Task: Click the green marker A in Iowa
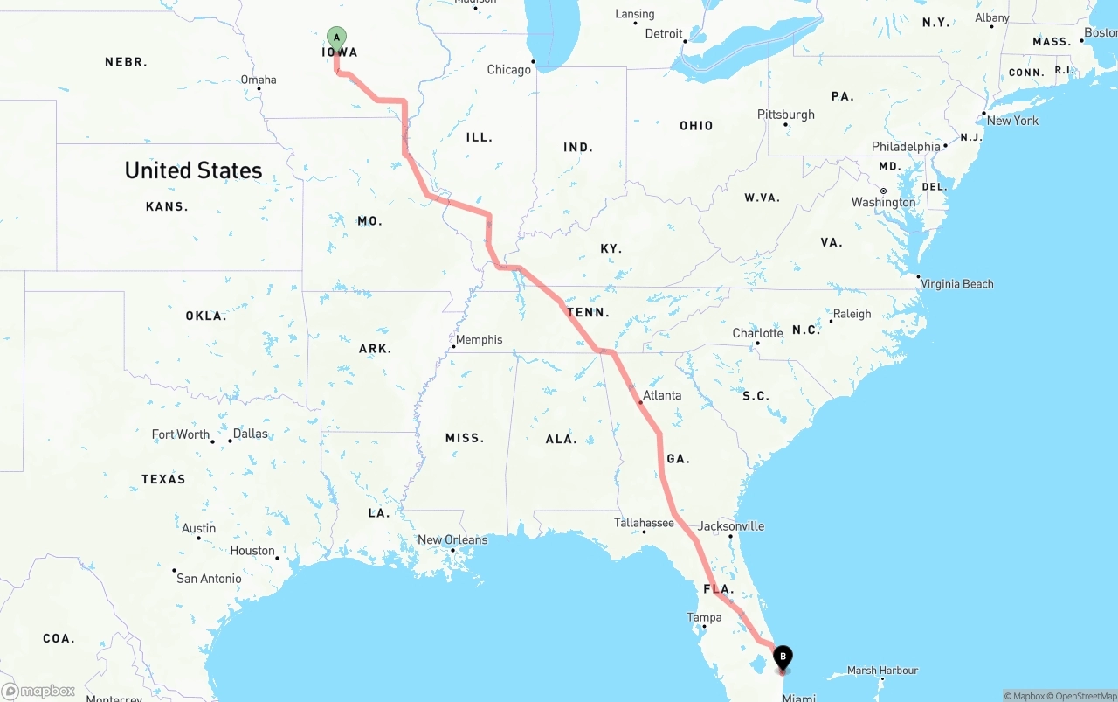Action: click(336, 38)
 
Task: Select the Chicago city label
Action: click(509, 70)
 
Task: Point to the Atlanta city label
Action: click(661, 395)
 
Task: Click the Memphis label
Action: click(479, 339)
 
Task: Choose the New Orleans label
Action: click(452, 539)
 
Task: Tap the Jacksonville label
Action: click(731, 525)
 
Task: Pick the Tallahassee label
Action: click(644, 523)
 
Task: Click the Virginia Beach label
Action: click(957, 283)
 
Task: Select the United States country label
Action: click(193, 170)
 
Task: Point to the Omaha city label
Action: click(259, 80)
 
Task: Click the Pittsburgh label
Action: click(786, 115)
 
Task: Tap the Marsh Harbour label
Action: click(882, 671)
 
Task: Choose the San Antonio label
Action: click(209, 578)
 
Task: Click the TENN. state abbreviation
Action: click(588, 312)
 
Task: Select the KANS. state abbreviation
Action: click(167, 206)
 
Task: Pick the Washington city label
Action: click(884, 202)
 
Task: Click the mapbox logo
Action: click(38, 691)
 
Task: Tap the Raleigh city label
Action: click(852, 314)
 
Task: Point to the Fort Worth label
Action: click(181, 434)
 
